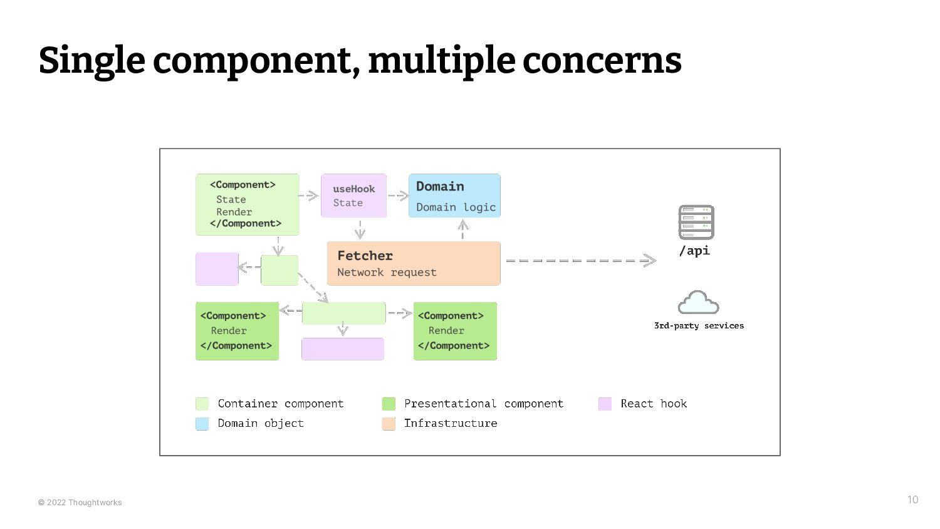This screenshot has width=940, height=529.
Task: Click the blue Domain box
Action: tap(454, 196)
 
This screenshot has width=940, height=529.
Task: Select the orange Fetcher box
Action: tap(414, 264)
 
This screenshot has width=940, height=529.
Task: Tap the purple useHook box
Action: tap(354, 196)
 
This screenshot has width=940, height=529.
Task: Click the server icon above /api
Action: tap(696, 222)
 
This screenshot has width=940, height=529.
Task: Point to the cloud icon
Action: tap(698, 302)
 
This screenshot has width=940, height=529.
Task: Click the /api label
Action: tap(694, 251)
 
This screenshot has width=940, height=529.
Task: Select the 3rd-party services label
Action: tap(699, 325)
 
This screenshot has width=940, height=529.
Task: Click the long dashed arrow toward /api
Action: tap(581, 261)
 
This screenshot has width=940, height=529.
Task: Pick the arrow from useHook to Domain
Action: tap(398, 196)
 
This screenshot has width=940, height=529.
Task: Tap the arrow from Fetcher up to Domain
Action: tap(463, 229)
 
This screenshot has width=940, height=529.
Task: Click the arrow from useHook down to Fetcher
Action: tap(360, 230)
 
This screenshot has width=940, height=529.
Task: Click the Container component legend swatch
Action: tap(202, 404)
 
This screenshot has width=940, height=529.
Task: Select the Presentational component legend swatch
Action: tap(389, 404)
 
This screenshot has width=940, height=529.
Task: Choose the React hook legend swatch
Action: tap(605, 404)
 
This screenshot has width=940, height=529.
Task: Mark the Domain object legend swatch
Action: tap(202, 424)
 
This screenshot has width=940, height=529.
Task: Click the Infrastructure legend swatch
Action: tap(389, 424)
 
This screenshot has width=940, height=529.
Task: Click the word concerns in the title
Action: tap(602, 61)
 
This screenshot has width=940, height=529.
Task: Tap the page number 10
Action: tap(912, 500)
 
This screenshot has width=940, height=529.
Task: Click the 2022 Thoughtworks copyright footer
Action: tap(80, 503)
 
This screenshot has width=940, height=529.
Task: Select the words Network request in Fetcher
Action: tap(387, 273)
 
